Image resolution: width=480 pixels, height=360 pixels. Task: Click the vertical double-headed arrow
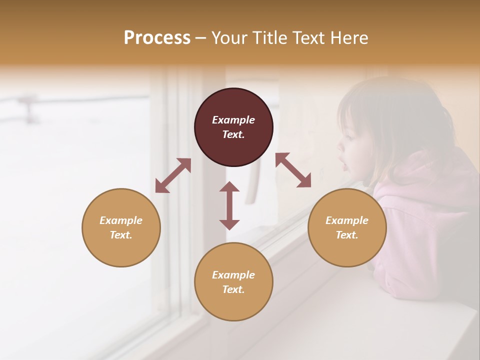click(229, 205)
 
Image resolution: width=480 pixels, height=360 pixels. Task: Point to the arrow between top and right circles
click(293, 170)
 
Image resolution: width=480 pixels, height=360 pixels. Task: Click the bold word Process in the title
click(157, 37)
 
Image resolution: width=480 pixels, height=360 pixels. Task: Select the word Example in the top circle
click(233, 120)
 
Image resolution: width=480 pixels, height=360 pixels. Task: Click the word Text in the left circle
click(121, 235)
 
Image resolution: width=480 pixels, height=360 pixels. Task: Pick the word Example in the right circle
click(347, 220)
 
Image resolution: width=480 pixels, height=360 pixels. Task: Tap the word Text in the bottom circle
click(233, 289)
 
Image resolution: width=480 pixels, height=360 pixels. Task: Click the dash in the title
click(200, 38)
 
